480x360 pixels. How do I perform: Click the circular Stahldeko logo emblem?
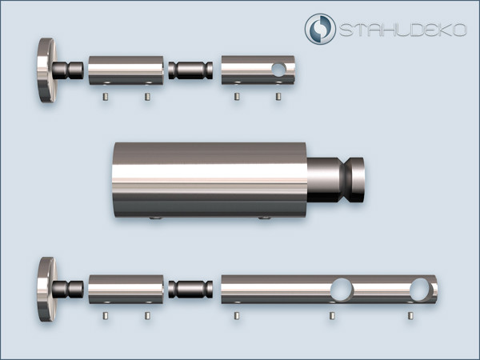tap(320, 29)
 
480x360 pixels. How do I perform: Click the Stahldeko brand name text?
tap(403, 30)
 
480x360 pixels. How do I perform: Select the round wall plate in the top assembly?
tap(47, 70)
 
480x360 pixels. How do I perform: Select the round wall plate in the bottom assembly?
tap(47, 290)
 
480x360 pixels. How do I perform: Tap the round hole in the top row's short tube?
tap(278, 70)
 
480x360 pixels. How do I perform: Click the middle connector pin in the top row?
tap(190, 70)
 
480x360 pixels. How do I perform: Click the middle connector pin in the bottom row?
tap(190, 290)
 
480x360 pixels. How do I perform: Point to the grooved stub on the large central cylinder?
tap(336, 180)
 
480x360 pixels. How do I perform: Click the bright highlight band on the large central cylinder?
tap(210, 173)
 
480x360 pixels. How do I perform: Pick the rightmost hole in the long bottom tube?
tap(421, 290)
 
